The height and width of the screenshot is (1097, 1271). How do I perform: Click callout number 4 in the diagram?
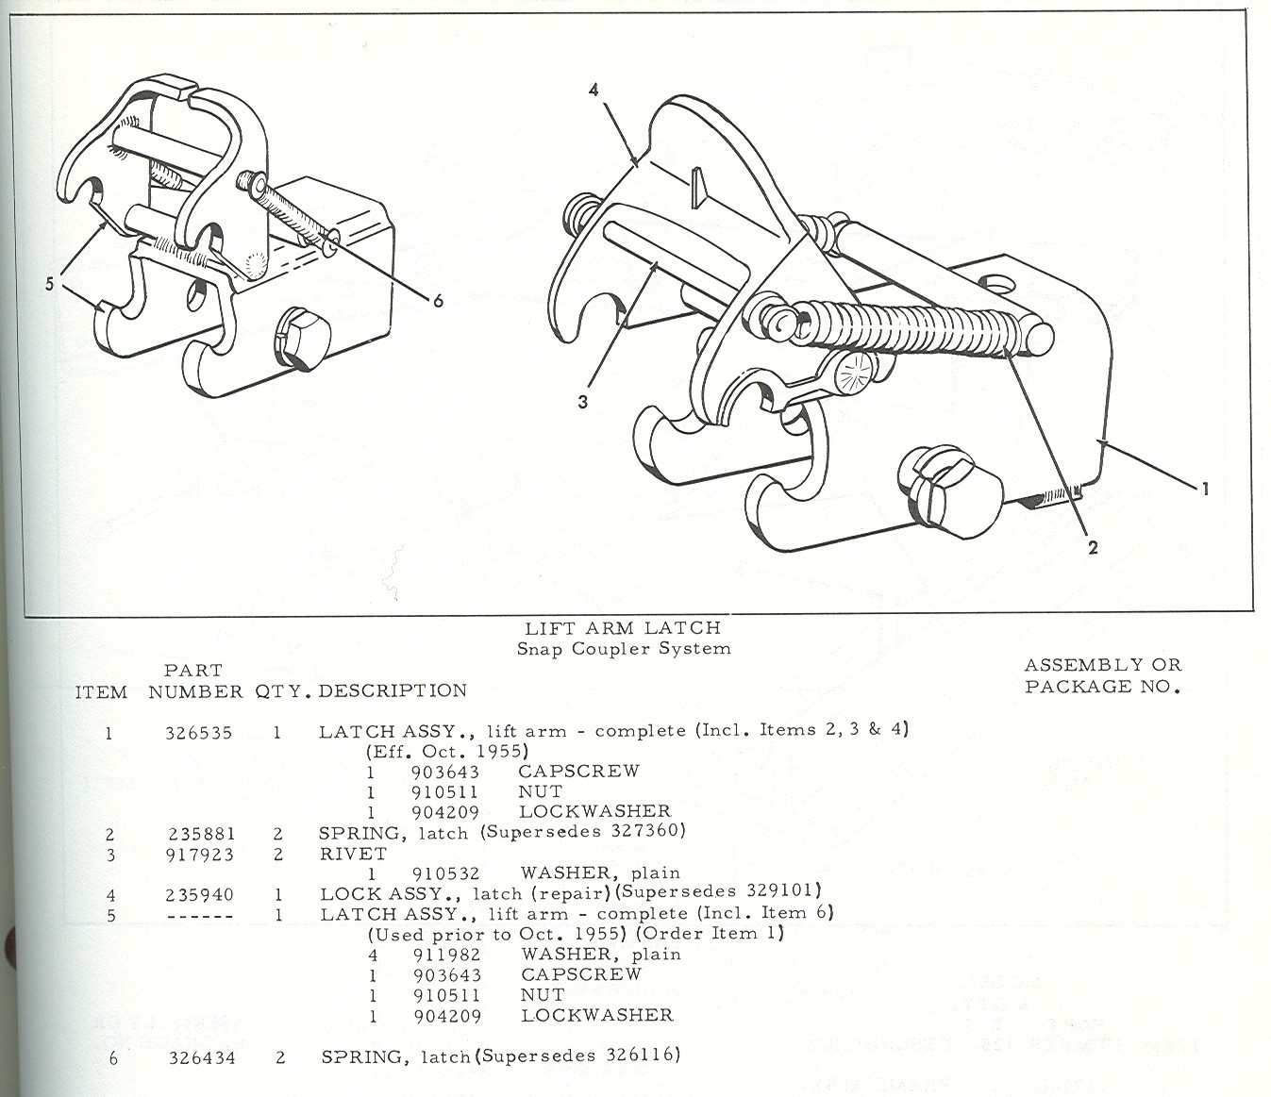(594, 91)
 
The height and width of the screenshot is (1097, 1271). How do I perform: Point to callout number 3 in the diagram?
(583, 402)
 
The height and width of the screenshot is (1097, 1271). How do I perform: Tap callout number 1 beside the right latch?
(1205, 489)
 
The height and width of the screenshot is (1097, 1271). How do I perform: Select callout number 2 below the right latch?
(1093, 547)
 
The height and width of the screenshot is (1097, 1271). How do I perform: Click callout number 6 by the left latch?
(438, 301)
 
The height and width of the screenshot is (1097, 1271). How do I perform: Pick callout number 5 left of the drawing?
(49, 283)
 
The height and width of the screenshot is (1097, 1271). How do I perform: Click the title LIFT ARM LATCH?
(623, 627)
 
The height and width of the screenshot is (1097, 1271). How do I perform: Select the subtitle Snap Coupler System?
(623, 648)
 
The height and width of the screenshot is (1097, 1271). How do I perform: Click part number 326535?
(198, 732)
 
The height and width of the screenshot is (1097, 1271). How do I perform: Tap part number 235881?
(201, 834)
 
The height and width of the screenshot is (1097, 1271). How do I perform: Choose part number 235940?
(199, 894)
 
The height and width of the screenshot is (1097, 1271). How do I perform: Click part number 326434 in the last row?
(202, 1058)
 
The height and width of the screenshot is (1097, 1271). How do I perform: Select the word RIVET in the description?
(353, 854)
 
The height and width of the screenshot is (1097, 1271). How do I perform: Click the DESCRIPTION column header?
(393, 690)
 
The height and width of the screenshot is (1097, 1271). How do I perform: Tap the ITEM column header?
(101, 691)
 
